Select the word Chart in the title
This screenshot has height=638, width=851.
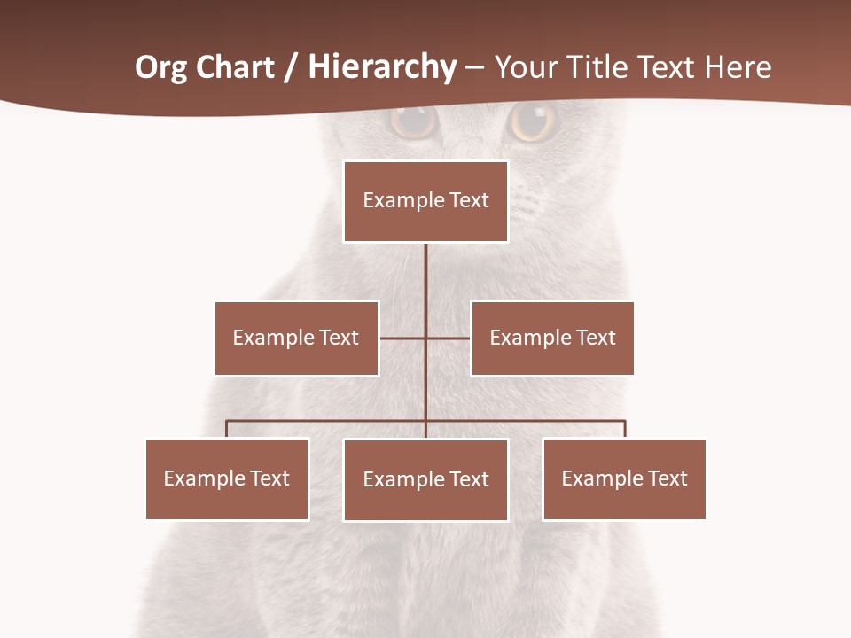[235, 67]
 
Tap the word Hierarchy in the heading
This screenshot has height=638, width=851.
[382, 67]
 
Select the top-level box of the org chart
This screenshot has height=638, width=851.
[425, 201]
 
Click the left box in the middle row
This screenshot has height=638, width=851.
[296, 338]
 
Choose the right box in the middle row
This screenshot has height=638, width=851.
[552, 338]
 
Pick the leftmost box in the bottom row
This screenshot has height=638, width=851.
[227, 478]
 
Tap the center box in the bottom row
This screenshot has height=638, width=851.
[425, 479]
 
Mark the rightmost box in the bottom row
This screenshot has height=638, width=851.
[624, 478]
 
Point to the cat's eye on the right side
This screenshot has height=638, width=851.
[533, 121]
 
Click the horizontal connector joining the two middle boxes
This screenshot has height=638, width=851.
[448, 338]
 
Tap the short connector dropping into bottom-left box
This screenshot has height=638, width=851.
[227, 429]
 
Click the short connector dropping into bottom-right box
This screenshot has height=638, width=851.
[625, 429]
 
